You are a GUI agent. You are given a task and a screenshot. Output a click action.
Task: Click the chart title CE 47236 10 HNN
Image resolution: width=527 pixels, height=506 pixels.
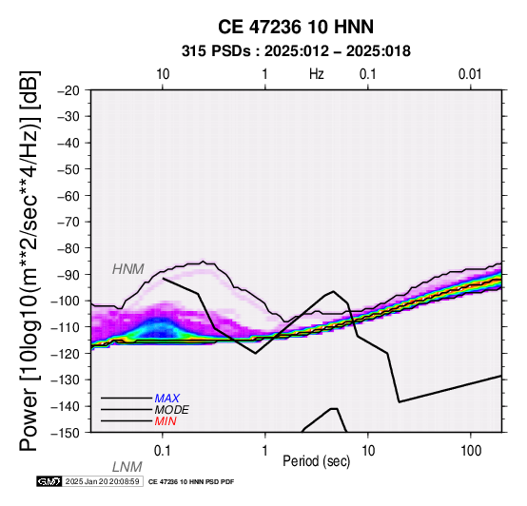(x=296, y=27)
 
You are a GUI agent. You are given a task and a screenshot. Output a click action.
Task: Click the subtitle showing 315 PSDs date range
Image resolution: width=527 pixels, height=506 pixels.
(x=296, y=51)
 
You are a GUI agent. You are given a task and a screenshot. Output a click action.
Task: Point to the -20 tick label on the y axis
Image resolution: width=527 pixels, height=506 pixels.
(x=68, y=90)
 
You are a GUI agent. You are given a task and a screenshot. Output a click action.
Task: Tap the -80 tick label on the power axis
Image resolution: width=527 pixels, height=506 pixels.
(x=68, y=248)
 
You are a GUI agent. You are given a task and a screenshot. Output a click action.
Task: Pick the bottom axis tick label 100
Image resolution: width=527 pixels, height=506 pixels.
(x=471, y=451)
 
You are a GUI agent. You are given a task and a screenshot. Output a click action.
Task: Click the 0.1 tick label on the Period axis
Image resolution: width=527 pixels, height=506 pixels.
(x=163, y=451)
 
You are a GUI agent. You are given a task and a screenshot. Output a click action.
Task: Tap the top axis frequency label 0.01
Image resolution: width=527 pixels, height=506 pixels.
(x=470, y=74)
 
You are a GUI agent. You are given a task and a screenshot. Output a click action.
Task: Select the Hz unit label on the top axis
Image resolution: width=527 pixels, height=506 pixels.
(x=317, y=74)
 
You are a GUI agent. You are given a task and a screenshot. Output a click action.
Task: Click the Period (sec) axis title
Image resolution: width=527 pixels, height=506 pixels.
(x=316, y=461)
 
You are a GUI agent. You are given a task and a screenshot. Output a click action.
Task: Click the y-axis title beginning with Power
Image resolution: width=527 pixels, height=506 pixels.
(x=29, y=261)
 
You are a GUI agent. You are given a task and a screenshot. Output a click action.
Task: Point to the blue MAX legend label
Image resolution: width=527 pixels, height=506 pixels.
(x=167, y=399)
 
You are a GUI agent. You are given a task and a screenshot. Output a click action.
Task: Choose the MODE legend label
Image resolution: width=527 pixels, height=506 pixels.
(x=172, y=410)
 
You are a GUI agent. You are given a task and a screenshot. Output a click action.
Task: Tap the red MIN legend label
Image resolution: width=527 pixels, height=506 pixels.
(x=166, y=421)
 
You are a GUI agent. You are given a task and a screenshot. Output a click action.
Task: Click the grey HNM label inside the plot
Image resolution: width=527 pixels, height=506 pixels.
(x=128, y=269)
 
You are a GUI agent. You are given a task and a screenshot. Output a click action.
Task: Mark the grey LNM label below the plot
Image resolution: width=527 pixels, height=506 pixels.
(x=127, y=467)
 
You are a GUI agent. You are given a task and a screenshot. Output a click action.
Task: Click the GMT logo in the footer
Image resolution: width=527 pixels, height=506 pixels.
(x=49, y=481)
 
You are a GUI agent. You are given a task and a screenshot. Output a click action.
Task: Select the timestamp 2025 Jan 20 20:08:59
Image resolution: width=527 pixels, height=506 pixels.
(x=102, y=481)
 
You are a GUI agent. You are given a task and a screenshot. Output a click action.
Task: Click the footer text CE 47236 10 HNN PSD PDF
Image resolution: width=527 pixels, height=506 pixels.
(x=191, y=482)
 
